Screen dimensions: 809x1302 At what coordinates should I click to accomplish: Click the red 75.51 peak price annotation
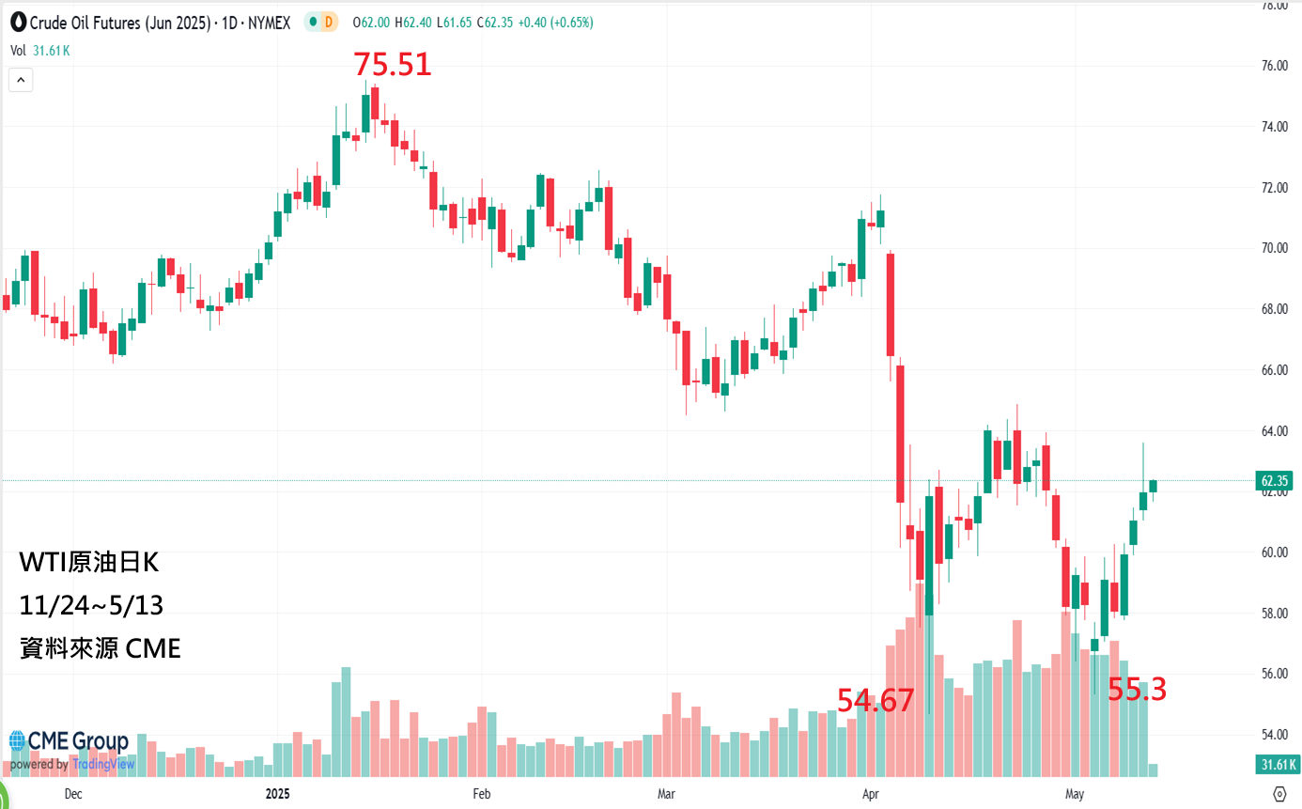(392, 65)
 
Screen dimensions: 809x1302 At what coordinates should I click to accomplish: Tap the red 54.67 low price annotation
(876, 700)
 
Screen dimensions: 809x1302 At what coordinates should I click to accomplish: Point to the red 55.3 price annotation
(1137, 691)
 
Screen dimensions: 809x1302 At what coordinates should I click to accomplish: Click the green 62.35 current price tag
(1278, 481)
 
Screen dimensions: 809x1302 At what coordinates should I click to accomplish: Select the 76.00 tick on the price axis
(1275, 66)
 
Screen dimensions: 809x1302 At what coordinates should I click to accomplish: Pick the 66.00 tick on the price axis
(1275, 370)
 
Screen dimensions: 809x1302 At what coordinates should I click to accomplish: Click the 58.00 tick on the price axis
(1275, 614)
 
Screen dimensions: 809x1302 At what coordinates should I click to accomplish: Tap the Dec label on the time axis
(73, 794)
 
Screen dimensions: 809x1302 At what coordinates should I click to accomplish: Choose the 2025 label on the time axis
(278, 794)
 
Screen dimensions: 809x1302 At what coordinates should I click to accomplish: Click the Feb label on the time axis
(482, 794)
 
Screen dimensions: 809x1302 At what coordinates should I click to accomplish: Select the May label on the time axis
(1075, 794)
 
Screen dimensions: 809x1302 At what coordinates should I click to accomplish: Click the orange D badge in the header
(327, 23)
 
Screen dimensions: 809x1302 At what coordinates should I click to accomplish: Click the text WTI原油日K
(89, 564)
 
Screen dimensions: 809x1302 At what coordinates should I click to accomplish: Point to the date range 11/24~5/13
(91, 606)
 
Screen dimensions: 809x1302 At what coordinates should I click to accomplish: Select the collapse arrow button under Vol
(21, 81)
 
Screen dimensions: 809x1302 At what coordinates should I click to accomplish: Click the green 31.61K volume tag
(1277, 765)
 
